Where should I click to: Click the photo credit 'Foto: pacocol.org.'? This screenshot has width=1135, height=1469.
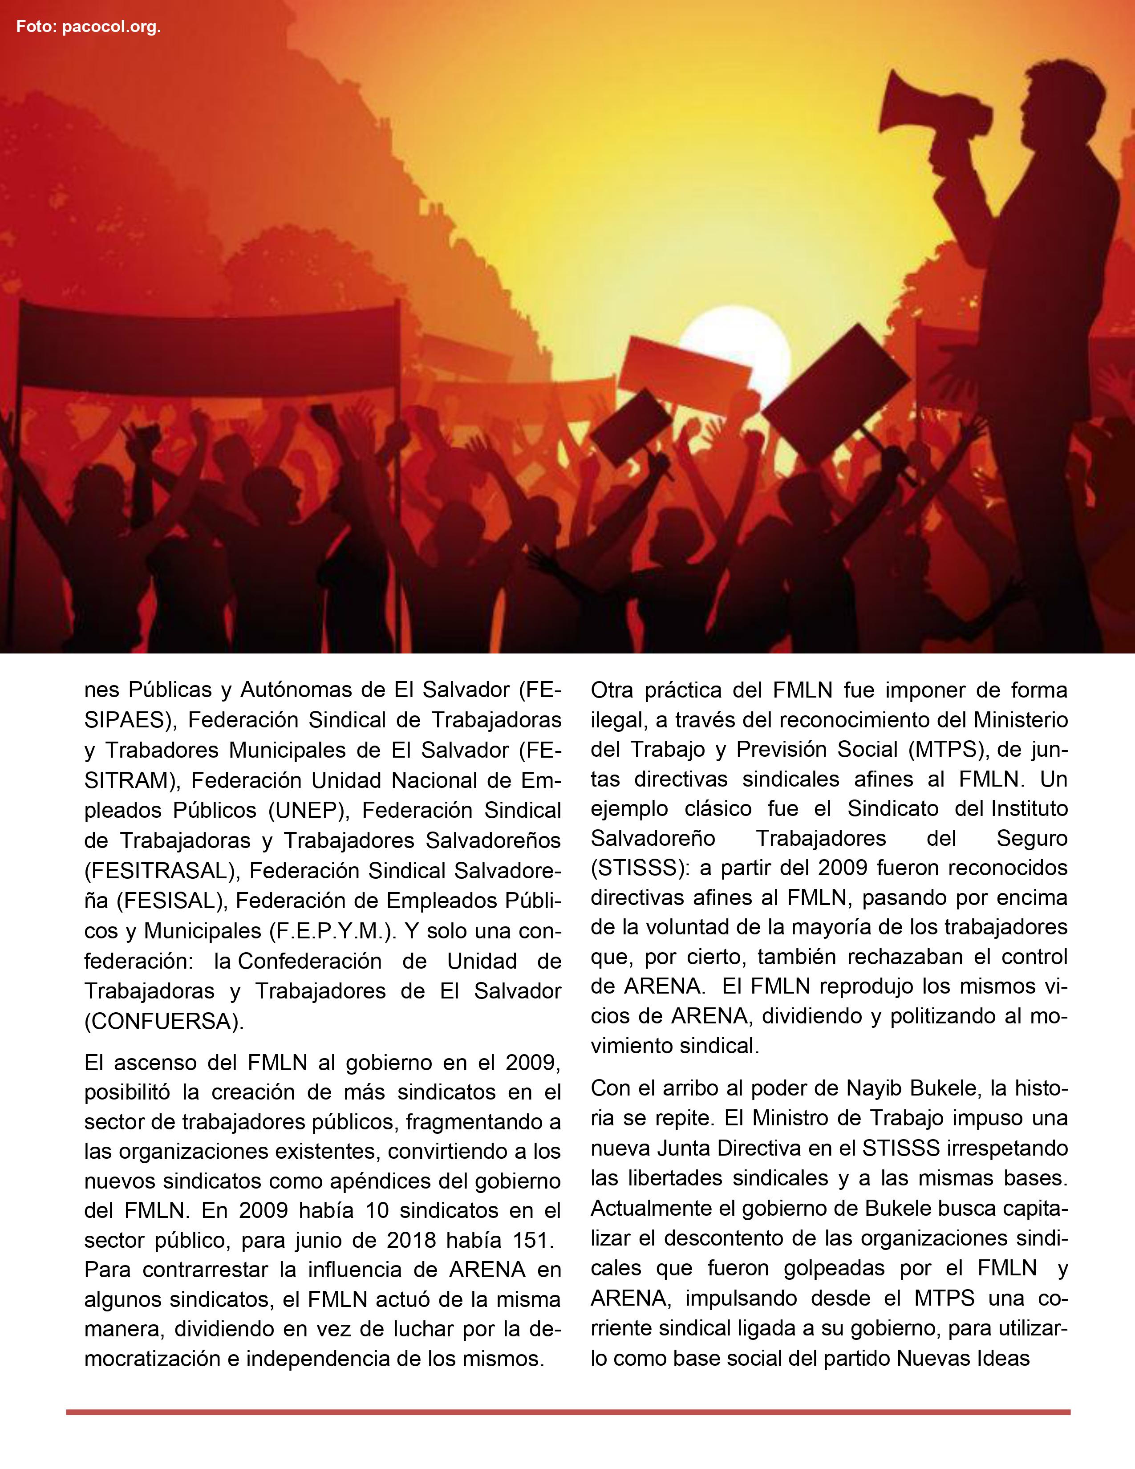pos(88,28)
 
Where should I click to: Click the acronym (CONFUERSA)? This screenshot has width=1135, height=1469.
pos(165,1021)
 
